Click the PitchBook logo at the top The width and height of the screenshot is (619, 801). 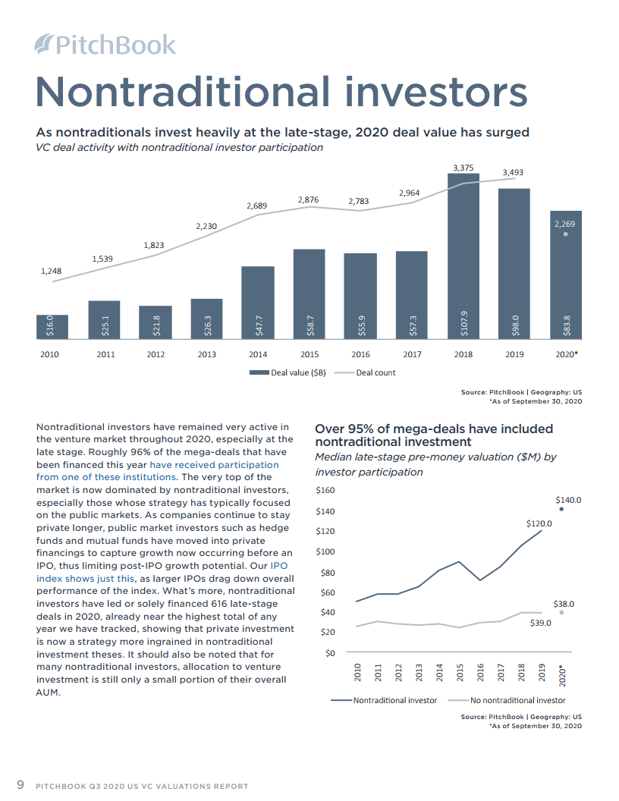coord(105,45)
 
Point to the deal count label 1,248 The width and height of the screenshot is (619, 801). coord(51,271)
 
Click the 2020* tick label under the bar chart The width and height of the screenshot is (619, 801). coord(566,354)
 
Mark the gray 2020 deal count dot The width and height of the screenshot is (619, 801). coord(566,234)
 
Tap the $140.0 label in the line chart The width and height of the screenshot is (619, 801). coord(568,500)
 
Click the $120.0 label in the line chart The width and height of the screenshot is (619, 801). coord(539,523)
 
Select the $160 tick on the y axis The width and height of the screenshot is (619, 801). coord(324,491)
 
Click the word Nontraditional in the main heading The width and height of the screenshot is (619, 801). coord(182,91)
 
